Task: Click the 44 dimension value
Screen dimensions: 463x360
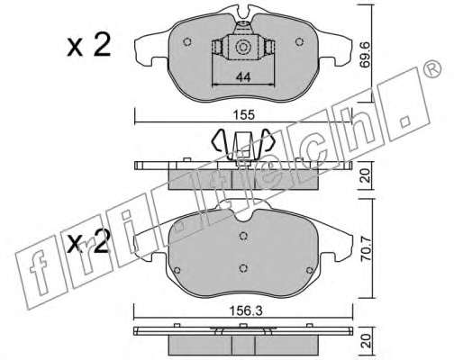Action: click(x=243, y=77)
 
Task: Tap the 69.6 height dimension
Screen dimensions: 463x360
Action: click(x=366, y=58)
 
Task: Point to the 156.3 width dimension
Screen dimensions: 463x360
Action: click(x=246, y=310)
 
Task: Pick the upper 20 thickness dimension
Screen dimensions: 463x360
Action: click(x=366, y=175)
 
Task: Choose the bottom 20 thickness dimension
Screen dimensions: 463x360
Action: click(x=366, y=341)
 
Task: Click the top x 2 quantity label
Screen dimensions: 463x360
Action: click(x=89, y=46)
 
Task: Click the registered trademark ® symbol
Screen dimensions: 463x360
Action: click(x=432, y=70)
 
